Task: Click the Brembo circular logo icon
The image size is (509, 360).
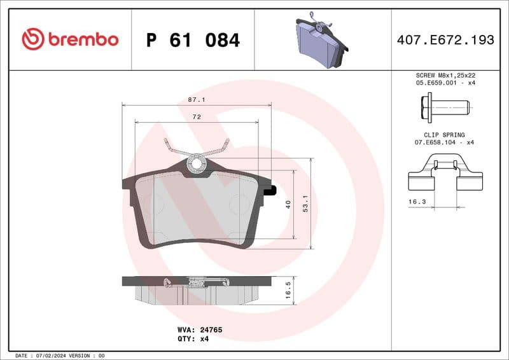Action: coord(33,39)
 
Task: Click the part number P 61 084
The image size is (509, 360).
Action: coord(193,40)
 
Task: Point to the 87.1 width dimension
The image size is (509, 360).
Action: coord(196,100)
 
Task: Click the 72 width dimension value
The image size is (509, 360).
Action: coord(197,117)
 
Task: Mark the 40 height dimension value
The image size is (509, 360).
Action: coord(288,205)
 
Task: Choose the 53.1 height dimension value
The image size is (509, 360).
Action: coord(305,204)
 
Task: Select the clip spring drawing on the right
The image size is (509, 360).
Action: coord(445,176)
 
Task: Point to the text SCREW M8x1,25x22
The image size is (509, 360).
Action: coord(445,75)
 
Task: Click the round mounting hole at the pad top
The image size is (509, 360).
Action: coord(197,164)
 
